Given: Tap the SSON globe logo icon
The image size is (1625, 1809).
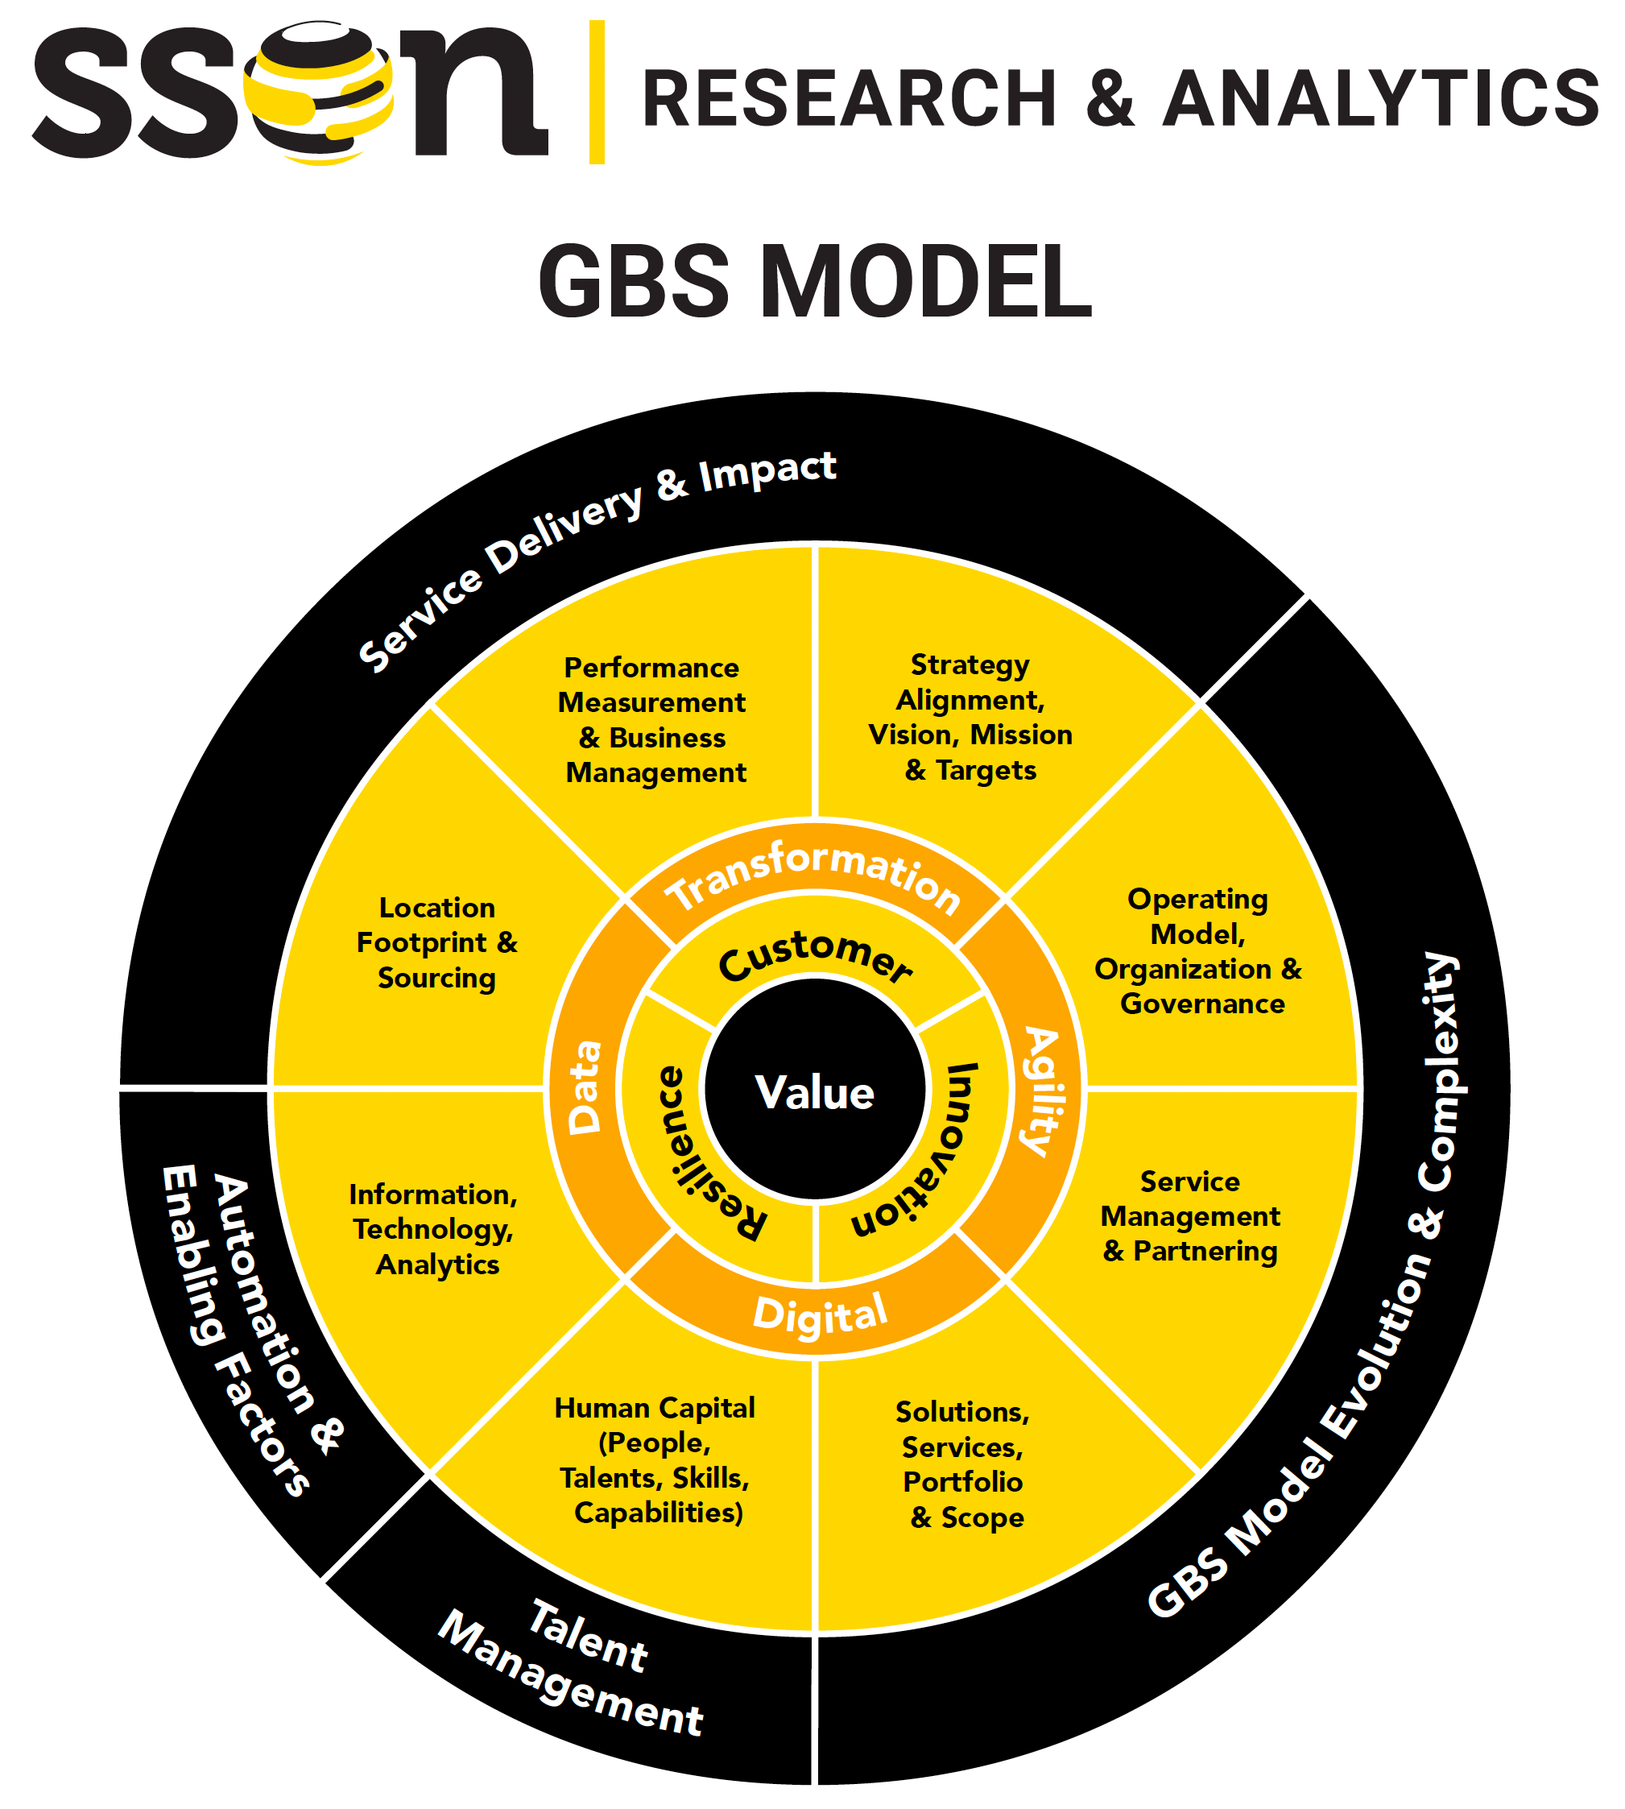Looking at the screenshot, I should click(319, 93).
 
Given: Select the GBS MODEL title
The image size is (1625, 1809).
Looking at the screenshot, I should click(814, 282).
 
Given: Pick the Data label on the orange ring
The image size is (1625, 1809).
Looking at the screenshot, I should click(585, 1087).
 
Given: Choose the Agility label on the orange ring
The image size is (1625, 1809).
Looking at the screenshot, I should click(1041, 1091).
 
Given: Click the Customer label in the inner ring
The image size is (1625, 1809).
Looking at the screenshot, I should click(815, 954).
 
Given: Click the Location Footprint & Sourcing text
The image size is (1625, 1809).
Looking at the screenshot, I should click(436, 942).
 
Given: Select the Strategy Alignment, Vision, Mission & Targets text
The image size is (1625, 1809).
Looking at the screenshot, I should click(970, 717).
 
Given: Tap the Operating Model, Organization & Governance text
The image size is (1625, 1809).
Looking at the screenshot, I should click(1198, 951).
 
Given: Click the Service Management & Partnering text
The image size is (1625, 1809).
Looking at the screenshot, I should click(1190, 1216).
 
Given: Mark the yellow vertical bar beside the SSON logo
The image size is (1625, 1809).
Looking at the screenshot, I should click(597, 92).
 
